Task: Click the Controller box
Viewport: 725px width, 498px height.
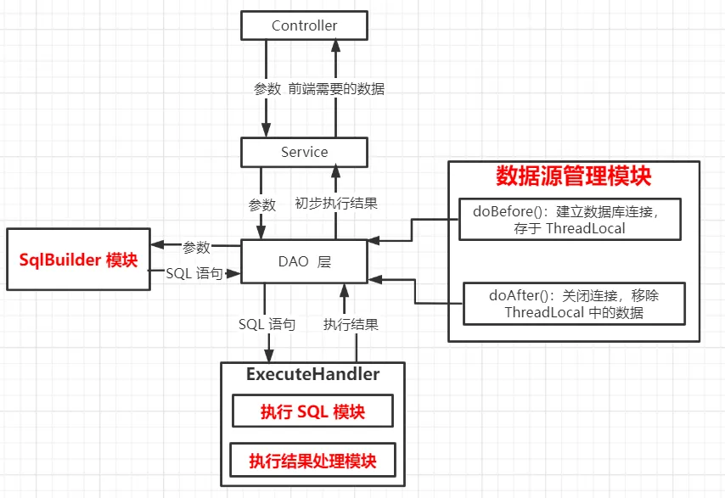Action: coord(304,25)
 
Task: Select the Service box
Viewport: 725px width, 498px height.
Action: coord(304,152)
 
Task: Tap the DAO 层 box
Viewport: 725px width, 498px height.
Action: coord(304,262)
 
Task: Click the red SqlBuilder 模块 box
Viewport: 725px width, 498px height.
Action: coord(78,260)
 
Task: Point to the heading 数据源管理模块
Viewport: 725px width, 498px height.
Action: coord(573,176)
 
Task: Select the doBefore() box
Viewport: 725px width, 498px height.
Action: coord(570,220)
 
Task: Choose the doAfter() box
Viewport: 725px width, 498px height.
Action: coord(574,304)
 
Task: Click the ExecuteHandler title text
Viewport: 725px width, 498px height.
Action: coord(312,374)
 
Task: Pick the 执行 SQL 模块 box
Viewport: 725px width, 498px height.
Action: coord(312,411)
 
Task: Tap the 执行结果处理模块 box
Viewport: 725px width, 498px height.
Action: coord(312,462)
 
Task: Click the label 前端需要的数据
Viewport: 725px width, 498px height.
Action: coord(335,88)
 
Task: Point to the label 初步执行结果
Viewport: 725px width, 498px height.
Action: coord(336,204)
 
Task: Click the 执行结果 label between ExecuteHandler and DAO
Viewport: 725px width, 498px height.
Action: coord(351,324)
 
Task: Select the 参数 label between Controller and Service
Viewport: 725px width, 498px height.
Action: coord(267,88)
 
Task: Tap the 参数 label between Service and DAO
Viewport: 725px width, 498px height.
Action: coord(261,204)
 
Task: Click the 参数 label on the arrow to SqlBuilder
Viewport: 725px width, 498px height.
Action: coord(196,248)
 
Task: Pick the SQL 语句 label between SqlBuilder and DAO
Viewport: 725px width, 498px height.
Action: coord(194,273)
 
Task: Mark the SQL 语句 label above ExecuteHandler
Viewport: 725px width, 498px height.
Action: coord(267,324)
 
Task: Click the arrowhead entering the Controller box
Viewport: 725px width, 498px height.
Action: coord(337,46)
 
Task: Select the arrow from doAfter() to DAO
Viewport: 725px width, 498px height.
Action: coord(415,290)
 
